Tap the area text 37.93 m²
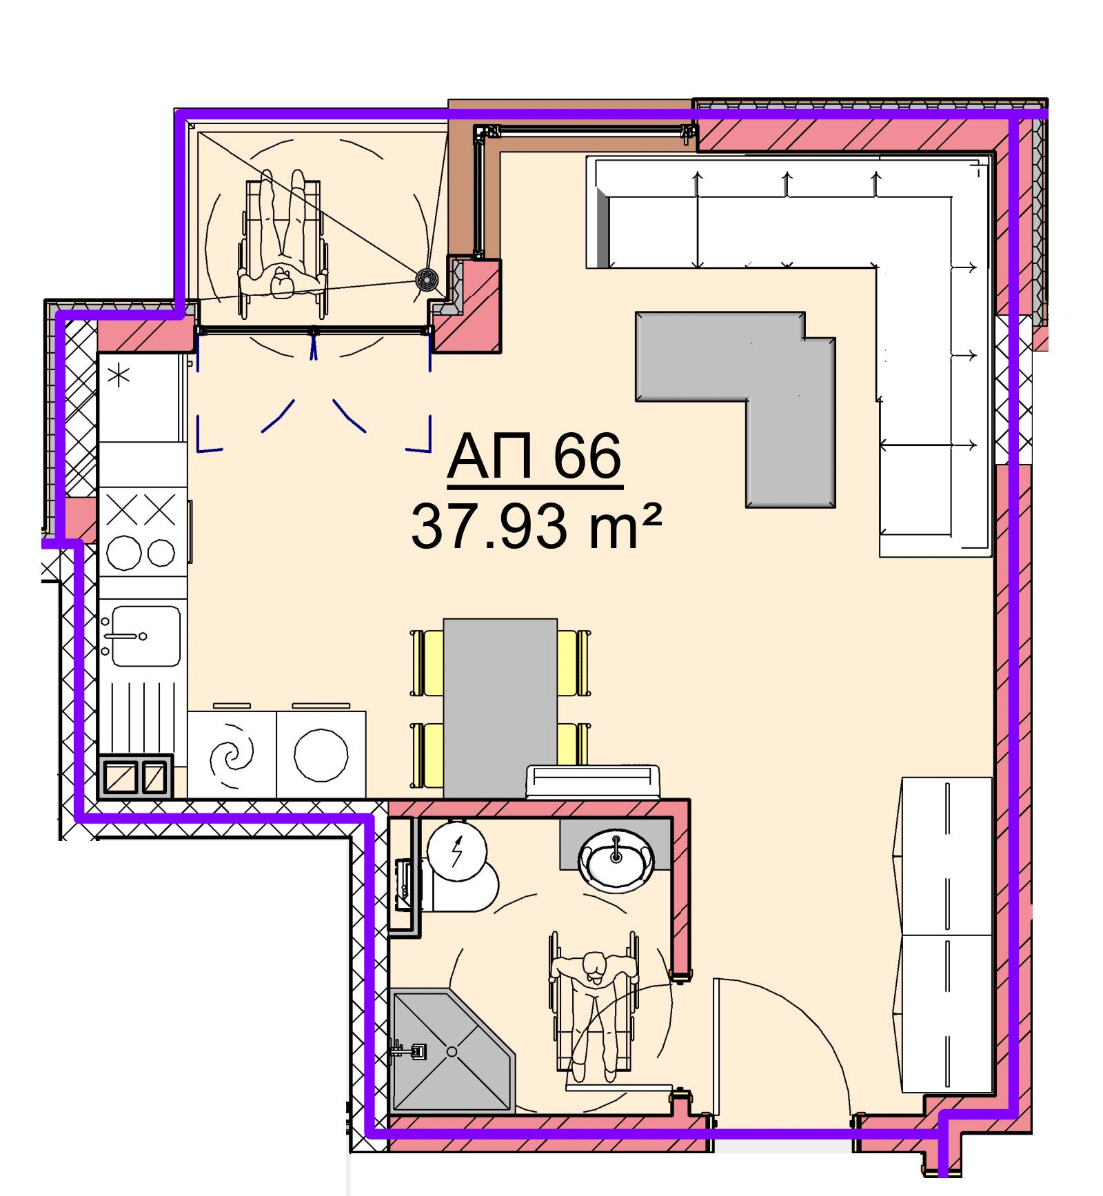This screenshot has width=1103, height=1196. coord(536,526)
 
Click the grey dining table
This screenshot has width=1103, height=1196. coord(500,708)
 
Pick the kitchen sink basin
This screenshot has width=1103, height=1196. coord(146,636)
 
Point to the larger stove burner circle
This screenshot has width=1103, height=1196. coord(124,553)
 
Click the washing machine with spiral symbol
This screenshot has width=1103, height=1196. coord(232,754)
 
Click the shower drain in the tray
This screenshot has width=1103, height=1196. coord(452,1052)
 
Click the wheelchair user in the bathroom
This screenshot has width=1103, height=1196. coord(594,1006)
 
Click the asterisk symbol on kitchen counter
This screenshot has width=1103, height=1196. coord(120,376)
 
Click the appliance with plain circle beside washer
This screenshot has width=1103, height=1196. coord(321,754)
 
